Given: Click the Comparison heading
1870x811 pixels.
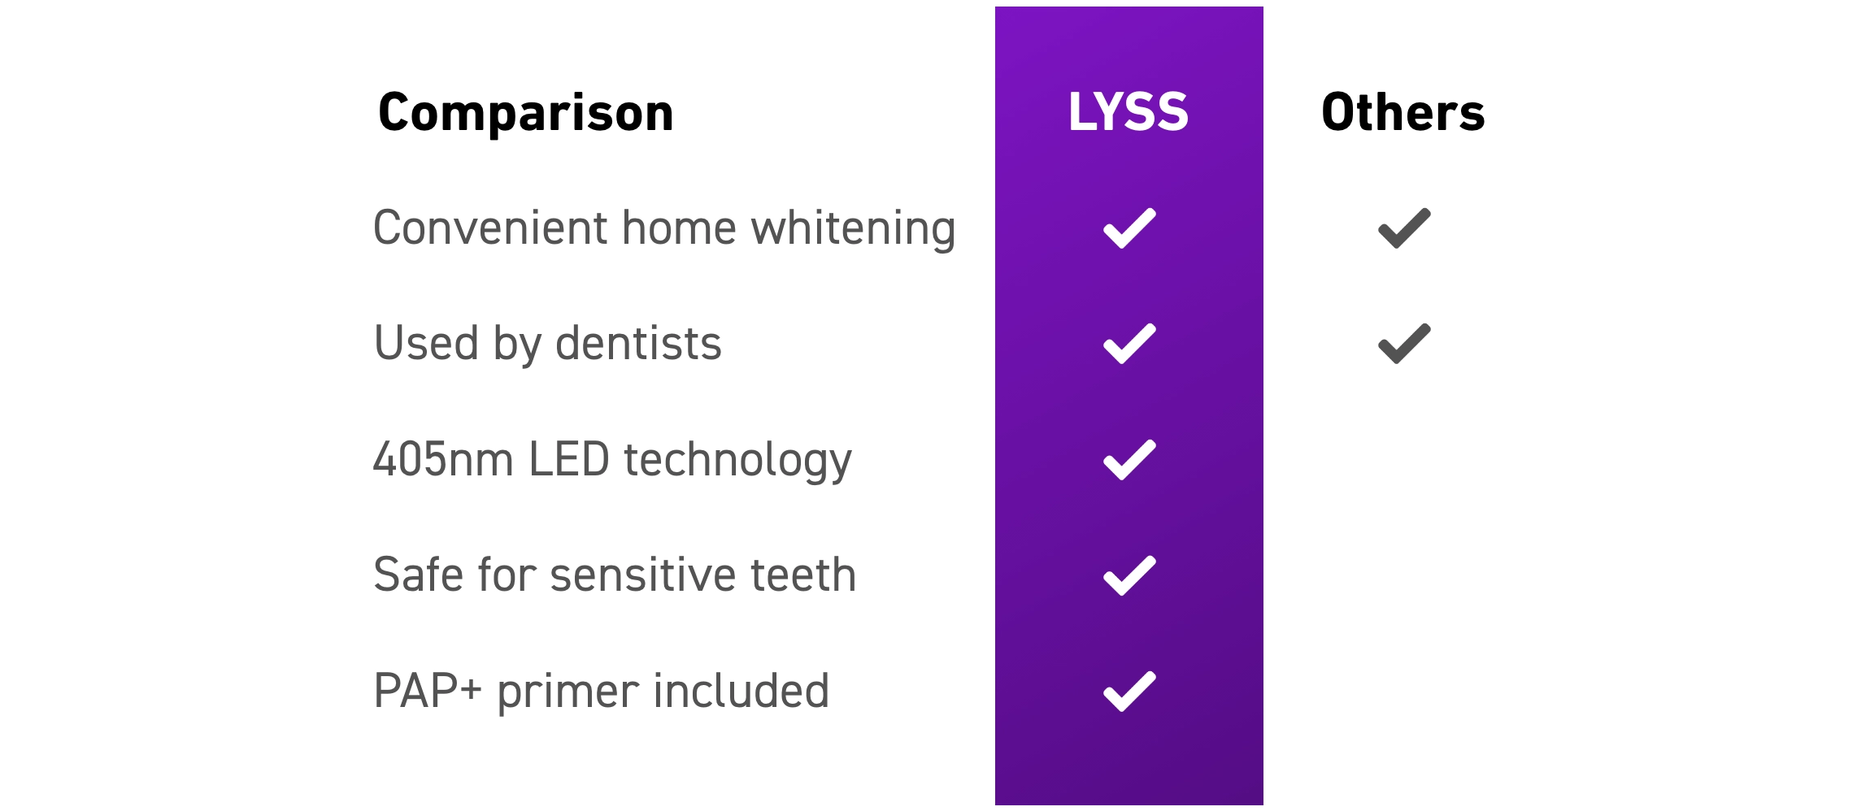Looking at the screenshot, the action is tap(526, 113).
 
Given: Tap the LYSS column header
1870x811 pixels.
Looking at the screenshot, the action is tap(1129, 111).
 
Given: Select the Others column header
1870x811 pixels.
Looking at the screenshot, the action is tap(1403, 111).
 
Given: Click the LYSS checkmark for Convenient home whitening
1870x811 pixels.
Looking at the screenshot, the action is tap(1129, 228).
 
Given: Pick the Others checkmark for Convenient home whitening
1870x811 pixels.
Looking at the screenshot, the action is tap(1404, 228).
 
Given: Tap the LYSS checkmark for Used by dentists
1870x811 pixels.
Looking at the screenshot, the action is tap(1129, 344).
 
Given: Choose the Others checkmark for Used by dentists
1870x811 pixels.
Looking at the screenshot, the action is tap(1404, 344).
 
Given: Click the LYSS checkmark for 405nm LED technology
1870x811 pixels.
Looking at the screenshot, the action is tap(1129, 460).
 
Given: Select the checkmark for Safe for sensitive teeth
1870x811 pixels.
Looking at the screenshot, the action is tap(1129, 575).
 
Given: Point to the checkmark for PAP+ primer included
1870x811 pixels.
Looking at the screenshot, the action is tap(1129, 692).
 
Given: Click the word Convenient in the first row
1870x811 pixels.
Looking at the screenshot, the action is tap(489, 228).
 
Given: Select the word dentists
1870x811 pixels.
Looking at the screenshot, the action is tap(638, 343).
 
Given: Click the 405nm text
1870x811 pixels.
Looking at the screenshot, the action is tap(443, 459).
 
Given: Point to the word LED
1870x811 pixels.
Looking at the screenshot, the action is tap(569, 459).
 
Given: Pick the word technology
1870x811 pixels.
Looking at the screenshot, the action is tap(737, 461).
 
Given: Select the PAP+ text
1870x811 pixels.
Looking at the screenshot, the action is tap(428, 691).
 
